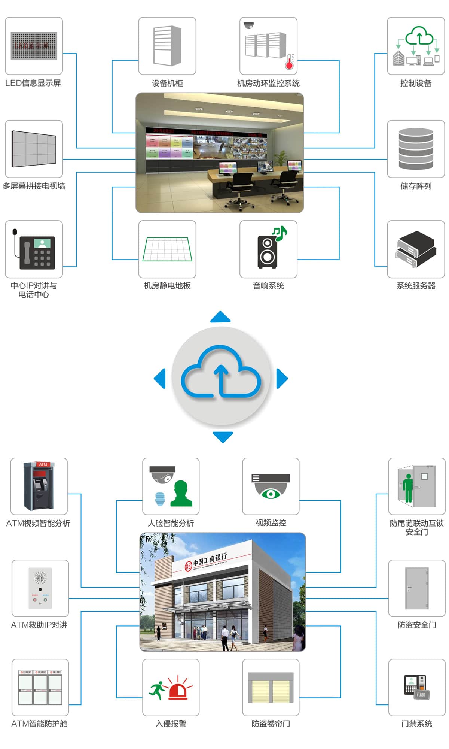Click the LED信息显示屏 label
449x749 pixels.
pos(33,83)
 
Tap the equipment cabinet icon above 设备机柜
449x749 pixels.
pos(167,45)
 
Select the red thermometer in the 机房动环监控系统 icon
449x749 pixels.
pos(289,62)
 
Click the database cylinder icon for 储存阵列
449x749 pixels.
pos(416,149)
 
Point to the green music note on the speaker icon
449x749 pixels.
pos(280,233)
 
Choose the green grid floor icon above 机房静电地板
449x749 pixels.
pos(167,249)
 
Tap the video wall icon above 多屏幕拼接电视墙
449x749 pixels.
pos(34,149)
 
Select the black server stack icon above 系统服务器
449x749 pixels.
pos(416,249)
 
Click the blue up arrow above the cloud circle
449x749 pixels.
pos(220,317)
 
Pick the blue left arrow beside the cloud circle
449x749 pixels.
pos(160,379)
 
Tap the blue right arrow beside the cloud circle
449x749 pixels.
pos(282,379)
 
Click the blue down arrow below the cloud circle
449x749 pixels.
pos(223,437)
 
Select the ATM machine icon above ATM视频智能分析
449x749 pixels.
pos(39,486)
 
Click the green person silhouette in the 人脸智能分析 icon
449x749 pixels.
pos(181,494)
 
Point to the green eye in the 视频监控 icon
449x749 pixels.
pos(271,494)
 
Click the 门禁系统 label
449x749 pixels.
pos(416,724)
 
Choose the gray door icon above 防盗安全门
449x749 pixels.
pos(417,588)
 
